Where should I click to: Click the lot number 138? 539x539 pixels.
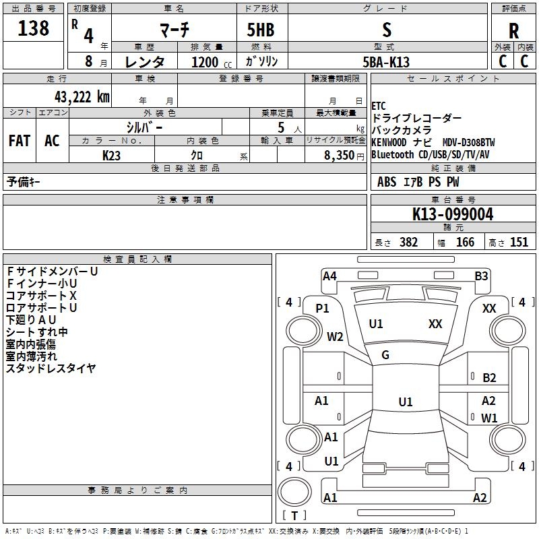pyautogui.click(x=33, y=28)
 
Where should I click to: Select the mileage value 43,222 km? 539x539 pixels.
pyautogui.click(x=82, y=97)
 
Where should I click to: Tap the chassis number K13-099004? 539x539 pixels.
pyautogui.click(x=453, y=214)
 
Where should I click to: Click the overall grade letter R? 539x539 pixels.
pyautogui.click(x=513, y=31)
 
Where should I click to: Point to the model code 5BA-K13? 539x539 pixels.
pyautogui.click(x=386, y=62)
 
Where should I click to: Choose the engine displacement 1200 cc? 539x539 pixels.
pyautogui.click(x=212, y=62)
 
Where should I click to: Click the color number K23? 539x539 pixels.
pyautogui.click(x=111, y=156)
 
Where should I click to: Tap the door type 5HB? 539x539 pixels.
pyautogui.click(x=261, y=30)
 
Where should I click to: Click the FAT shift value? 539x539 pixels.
pyautogui.click(x=20, y=141)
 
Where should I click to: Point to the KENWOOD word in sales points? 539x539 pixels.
pyautogui.click(x=389, y=142)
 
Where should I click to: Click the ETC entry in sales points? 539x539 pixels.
pyautogui.click(x=379, y=106)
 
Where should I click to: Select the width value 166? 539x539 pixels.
pyautogui.click(x=465, y=243)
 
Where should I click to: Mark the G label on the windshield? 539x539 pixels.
pyautogui.click(x=385, y=355)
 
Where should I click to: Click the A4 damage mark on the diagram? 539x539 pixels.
pyautogui.click(x=329, y=276)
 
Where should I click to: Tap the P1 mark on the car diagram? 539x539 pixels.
pyautogui.click(x=322, y=309)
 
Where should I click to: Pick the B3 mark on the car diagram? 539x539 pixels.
pyautogui.click(x=481, y=276)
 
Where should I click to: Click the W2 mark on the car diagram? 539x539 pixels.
pyautogui.click(x=335, y=336)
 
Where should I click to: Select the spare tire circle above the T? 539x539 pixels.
pyautogui.click(x=294, y=492)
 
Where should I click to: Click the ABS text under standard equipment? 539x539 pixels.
pyautogui.click(x=387, y=182)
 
